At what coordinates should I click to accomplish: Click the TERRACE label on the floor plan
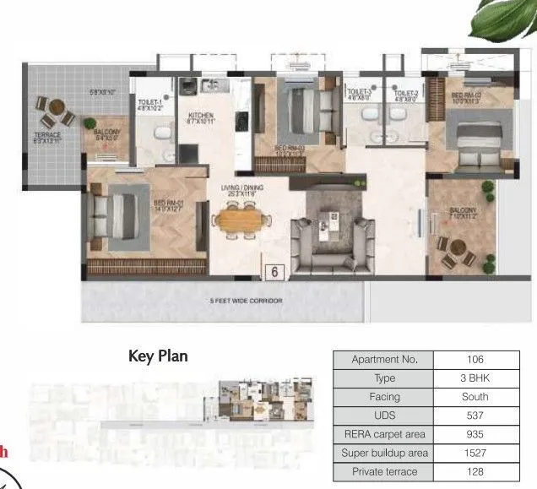click(47, 136)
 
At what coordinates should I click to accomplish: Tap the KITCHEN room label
click(201, 116)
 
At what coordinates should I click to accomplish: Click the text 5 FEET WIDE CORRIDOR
click(245, 301)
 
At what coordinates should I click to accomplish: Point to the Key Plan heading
click(158, 356)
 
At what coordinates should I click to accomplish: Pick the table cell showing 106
click(475, 360)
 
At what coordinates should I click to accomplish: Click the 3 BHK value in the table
click(475, 378)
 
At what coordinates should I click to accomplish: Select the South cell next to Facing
click(475, 397)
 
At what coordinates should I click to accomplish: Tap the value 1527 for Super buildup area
click(475, 453)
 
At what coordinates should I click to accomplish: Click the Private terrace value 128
click(475, 471)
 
